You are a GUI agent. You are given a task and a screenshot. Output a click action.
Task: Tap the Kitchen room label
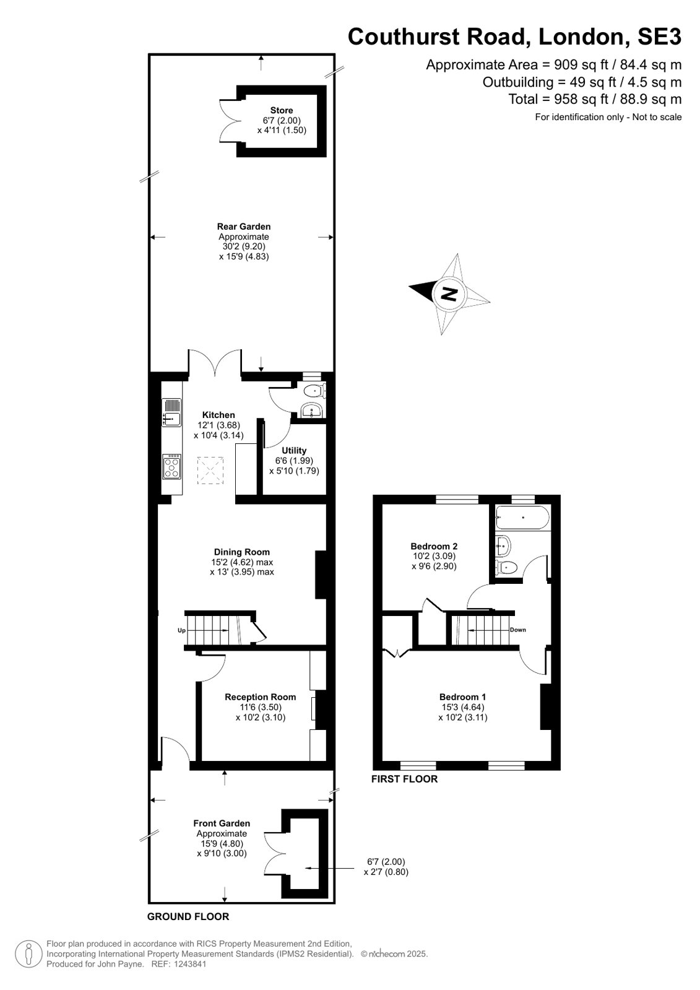218,415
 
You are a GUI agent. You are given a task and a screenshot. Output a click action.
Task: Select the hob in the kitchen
172,467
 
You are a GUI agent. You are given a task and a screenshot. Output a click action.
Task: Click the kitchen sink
171,413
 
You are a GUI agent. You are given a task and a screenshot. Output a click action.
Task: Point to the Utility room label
294,450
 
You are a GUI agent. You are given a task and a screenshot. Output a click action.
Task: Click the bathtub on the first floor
523,518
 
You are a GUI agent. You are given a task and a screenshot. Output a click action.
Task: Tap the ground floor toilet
315,391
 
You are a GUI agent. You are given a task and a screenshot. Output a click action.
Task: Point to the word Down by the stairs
518,630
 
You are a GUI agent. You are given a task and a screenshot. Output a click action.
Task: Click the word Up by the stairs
181,631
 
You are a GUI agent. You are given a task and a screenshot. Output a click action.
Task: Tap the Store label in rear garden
282,110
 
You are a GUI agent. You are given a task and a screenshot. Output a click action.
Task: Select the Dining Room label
242,552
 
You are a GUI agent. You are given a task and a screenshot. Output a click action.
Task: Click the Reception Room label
261,697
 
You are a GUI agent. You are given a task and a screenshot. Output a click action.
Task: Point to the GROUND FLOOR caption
188,917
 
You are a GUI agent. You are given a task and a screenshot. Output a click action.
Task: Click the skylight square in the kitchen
210,471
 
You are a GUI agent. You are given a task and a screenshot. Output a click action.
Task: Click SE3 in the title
659,37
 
